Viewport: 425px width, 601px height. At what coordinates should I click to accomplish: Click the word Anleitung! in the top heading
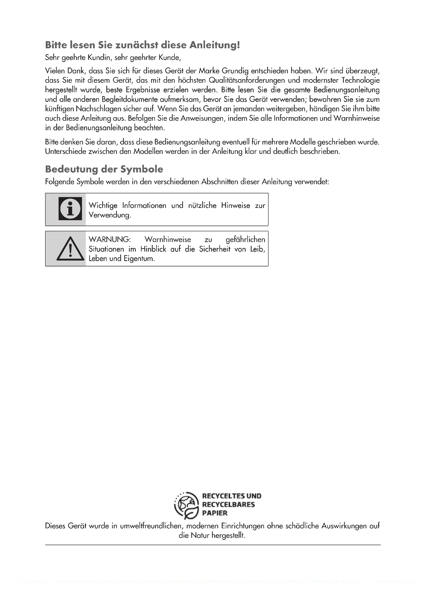pyautogui.click(x=214, y=45)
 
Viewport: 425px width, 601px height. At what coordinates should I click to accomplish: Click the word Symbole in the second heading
pyautogui.click(x=142, y=169)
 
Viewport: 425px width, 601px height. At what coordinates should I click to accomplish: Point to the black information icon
pyautogui.click(x=70, y=209)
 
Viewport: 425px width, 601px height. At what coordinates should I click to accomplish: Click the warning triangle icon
pyautogui.click(x=70, y=249)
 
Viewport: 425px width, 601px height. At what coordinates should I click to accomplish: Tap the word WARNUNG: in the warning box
pyautogui.click(x=109, y=239)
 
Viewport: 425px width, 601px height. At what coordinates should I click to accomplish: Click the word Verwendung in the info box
pyautogui.click(x=109, y=215)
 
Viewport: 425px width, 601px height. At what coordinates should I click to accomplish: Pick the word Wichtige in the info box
pyautogui.click(x=103, y=206)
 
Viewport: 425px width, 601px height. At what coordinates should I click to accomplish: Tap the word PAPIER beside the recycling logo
pyautogui.click(x=215, y=513)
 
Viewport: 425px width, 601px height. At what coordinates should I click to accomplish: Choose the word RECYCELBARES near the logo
pyautogui.click(x=228, y=504)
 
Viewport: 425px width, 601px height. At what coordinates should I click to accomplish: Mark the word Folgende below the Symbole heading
pyautogui.click(x=59, y=182)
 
